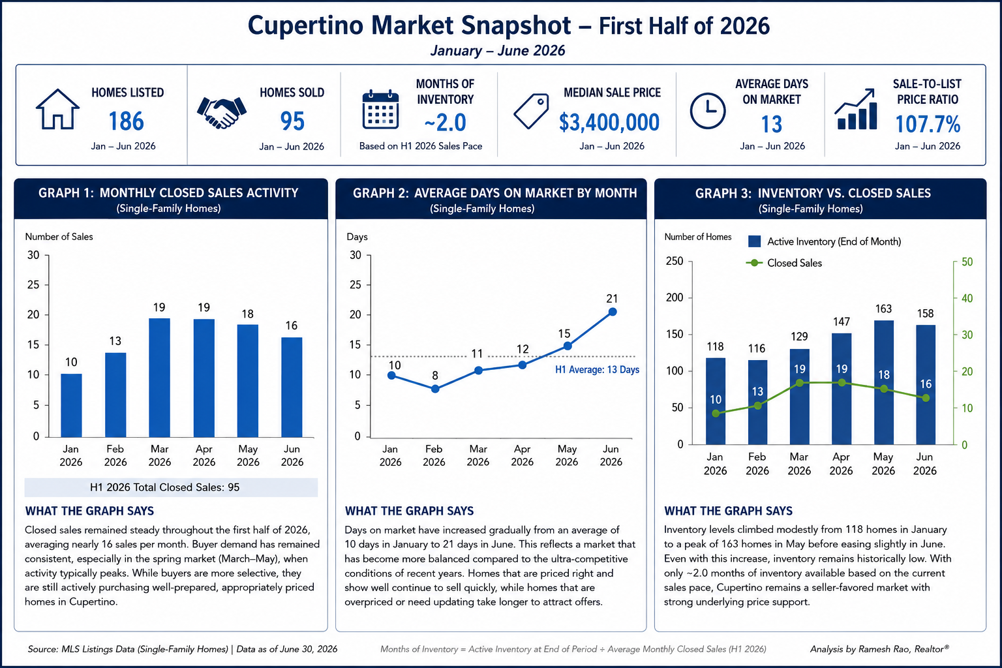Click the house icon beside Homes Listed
pyautogui.click(x=57, y=109)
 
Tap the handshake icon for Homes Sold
pyautogui.click(x=221, y=112)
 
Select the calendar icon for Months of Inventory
pyautogui.click(x=380, y=109)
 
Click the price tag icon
pyautogui.click(x=531, y=111)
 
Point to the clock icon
pyautogui.click(x=708, y=111)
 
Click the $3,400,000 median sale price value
pyautogui.click(x=609, y=122)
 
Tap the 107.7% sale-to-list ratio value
pyautogui.click(x=928, y=124)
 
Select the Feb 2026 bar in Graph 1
pyautogui.click(x=115, y=395)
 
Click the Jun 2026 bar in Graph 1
pyautogui.click(x=292, y=387)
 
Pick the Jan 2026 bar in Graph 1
pyautogui.click(x=71, y=405)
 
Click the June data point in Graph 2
pyautogui.click(x=613, y=312)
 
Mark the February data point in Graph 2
pyautogui.click(x=435, y=389)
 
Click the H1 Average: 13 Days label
pyautogui.click(x=597, y=370)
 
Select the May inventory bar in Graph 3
pyautogui.click(x=884, y=382)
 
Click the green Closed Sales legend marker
pyautogui.click(x=755, y=263)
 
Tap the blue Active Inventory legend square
pyautogui.click(x=754, y=241)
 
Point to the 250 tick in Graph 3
pyautogui.click(x=675, y=261)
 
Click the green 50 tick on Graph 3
pyautogui.click(x=967, y=262)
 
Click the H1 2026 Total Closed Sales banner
pyautogui.click(x=171, y=487)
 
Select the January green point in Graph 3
pyautogui.click(x=716, y=414)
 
